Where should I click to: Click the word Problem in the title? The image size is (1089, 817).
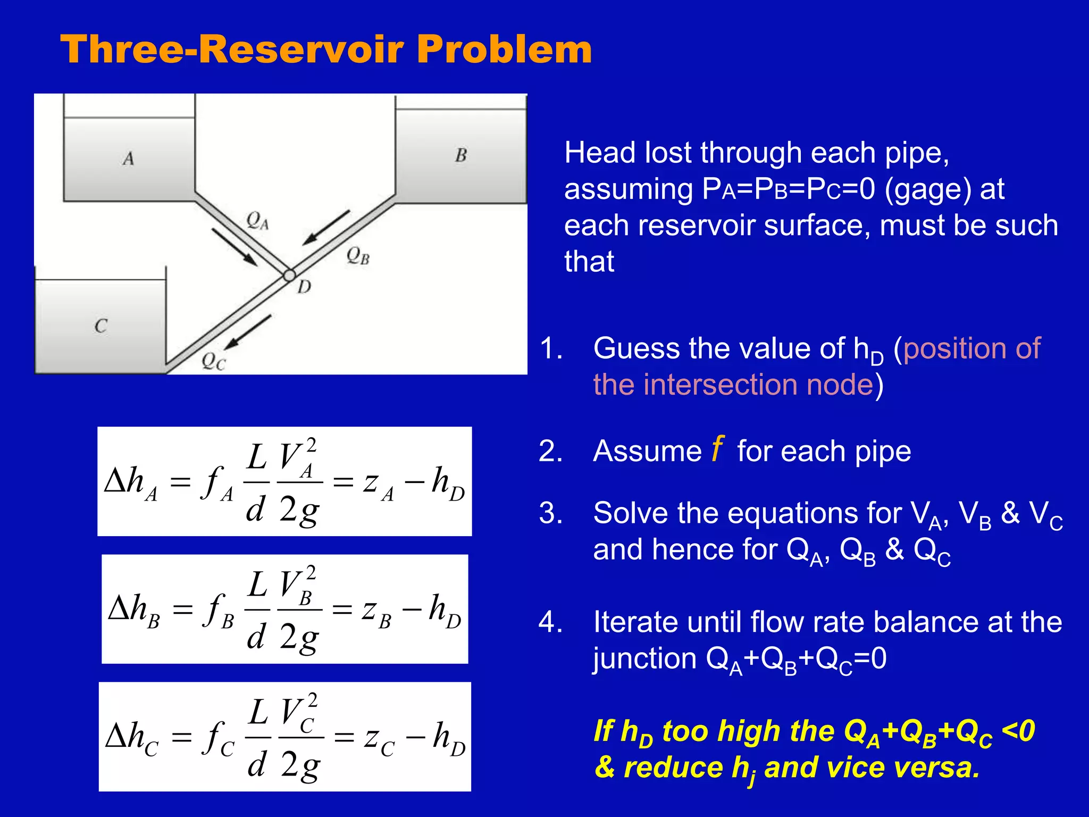(x=504, y=49)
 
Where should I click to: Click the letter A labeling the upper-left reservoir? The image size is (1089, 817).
(x=128, y=159)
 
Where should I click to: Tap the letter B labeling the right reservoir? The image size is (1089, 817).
(x=461, y=155)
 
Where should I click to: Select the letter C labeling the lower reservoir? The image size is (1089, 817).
(x=101, y=326)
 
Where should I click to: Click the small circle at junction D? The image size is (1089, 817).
(x=289, y=275)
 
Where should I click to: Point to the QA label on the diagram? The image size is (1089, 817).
(x=258, y=220)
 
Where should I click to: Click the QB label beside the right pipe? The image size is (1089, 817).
(x=358, y=256)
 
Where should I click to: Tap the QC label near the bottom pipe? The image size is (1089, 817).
(x=214, y=362)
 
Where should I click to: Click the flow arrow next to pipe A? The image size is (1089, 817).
(x=234, y=247)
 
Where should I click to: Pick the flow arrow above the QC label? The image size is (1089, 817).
(x=248, y=332)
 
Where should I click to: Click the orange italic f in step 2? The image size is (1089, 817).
(x=717, y=448)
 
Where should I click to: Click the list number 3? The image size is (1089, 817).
(x=550, y=513)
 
